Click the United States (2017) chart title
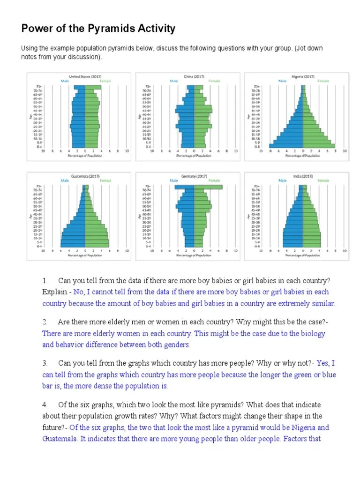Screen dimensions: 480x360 click(85, 76)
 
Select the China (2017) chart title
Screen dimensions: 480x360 click(194, 76)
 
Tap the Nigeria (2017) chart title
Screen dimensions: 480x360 click(303, 76)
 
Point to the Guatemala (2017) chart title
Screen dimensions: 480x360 click(85, 176)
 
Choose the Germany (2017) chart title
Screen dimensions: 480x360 click(194, 176)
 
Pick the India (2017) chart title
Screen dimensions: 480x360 click(303, 176)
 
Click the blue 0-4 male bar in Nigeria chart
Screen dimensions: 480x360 click(286, 146)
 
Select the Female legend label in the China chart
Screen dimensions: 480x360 click(214, 81)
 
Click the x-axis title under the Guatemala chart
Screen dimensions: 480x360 click(85, 255)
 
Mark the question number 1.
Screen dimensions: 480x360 click(45, 281)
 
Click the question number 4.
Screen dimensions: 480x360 click(45, 405)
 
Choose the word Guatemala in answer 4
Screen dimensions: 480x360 click(59, 439)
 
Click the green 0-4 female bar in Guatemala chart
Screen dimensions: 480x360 click(97, 245)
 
